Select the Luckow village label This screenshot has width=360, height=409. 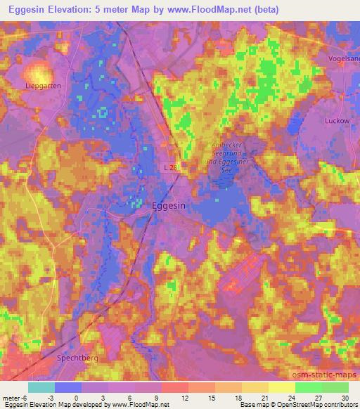[x=337, y=120]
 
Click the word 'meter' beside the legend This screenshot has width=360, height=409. [x=13, y=398]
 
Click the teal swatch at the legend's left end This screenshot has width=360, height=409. [x=41, y=387]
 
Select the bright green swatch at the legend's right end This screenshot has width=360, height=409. [x=335, y=387]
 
